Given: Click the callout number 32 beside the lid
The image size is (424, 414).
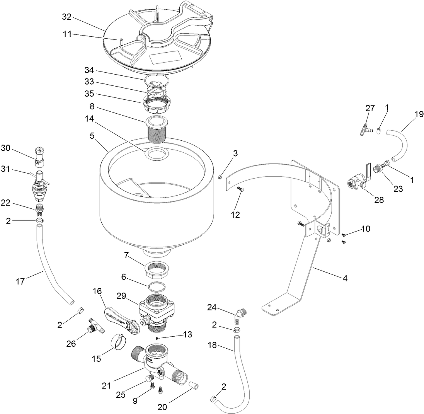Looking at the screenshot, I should tap(67, 17).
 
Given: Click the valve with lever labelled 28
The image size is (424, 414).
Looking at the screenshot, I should tap(358, 181).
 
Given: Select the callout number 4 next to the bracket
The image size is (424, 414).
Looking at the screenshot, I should tap(345, 278).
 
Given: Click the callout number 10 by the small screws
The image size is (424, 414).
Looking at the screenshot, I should tap(366, 229).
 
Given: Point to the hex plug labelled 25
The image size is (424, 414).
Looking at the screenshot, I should tap(148, 378).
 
